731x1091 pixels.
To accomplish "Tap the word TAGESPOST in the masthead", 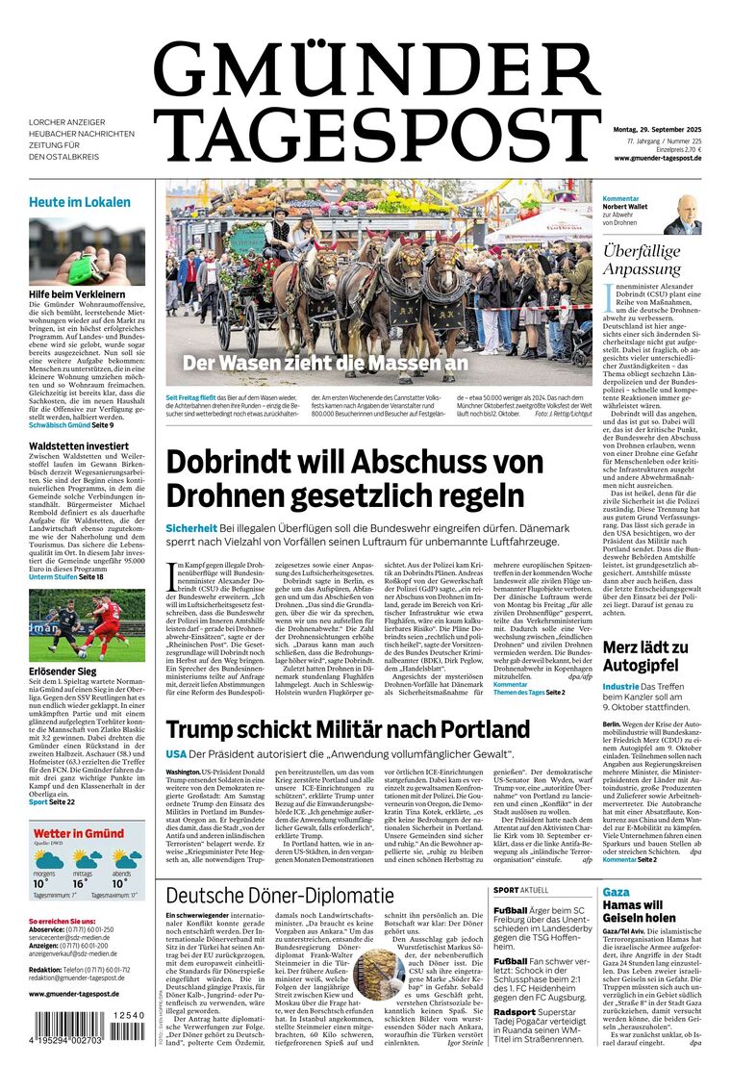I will (375, 136).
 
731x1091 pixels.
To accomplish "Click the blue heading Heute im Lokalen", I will (79, 202).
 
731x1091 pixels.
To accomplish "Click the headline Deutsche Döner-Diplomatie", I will (280, 897).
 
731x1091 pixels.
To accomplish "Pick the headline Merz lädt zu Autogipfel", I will (645, 657).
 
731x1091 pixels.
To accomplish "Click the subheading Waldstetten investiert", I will (79, 446).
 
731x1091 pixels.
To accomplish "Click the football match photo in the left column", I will (87, 626).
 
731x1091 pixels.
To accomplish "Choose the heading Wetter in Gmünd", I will (77, 833).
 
